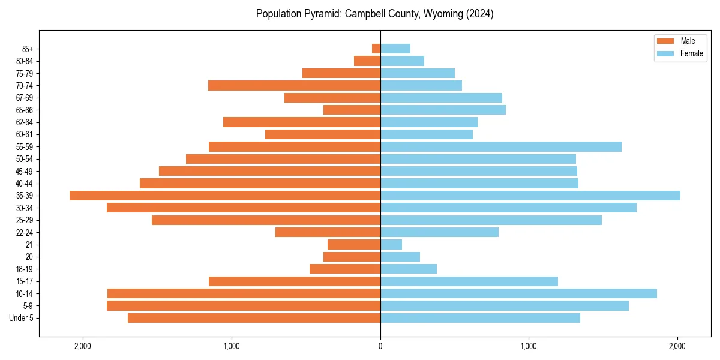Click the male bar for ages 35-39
pos(225,196)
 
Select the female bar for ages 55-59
pos(501,146)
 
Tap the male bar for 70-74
pos(294,85)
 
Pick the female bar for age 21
pos(391,244)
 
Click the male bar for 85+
pos(376,49)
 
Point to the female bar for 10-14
pos(518,293)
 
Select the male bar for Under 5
pos(254,318)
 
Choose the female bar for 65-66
pos(443,110)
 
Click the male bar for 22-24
pos(328,232)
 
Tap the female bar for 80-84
pos(402,61)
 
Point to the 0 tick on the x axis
pos(380,346)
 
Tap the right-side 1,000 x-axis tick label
pos(529,346)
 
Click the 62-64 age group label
pos(24,122)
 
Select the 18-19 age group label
pos(24,269)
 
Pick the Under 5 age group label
pos(22,318)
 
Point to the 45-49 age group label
pos(24,171)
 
